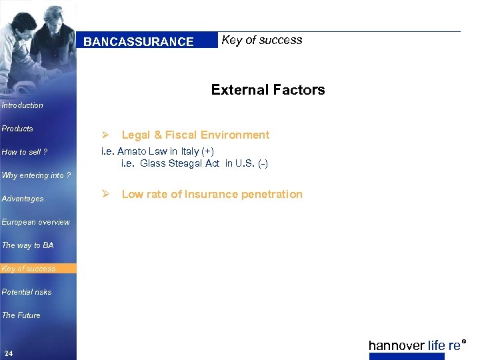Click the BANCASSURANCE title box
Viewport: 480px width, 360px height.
[x=139, y=41]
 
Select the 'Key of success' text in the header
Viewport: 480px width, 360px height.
[x=261, y=40]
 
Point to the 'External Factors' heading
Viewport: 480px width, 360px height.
[x=268, y=90]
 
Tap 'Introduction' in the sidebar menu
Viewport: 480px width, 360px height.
[x=23, y=105]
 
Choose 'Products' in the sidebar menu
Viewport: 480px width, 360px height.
[x=18, y=129]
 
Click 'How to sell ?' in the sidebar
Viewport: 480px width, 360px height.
[x=25, y=152]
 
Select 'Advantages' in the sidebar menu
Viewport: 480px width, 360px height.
[x=23, y=199]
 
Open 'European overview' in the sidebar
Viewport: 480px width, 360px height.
[x=36, y=222]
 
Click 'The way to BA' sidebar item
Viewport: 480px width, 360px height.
[x=28, y=245]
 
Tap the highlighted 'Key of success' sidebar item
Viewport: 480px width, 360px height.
[x=29, y=269]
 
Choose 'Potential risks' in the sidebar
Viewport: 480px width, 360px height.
[x=27, y=292]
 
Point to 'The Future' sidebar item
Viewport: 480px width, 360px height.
[x=21, y=315]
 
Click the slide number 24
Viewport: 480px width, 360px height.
[x=9, y=353]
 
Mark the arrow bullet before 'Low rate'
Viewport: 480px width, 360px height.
[x=105, y=194]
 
